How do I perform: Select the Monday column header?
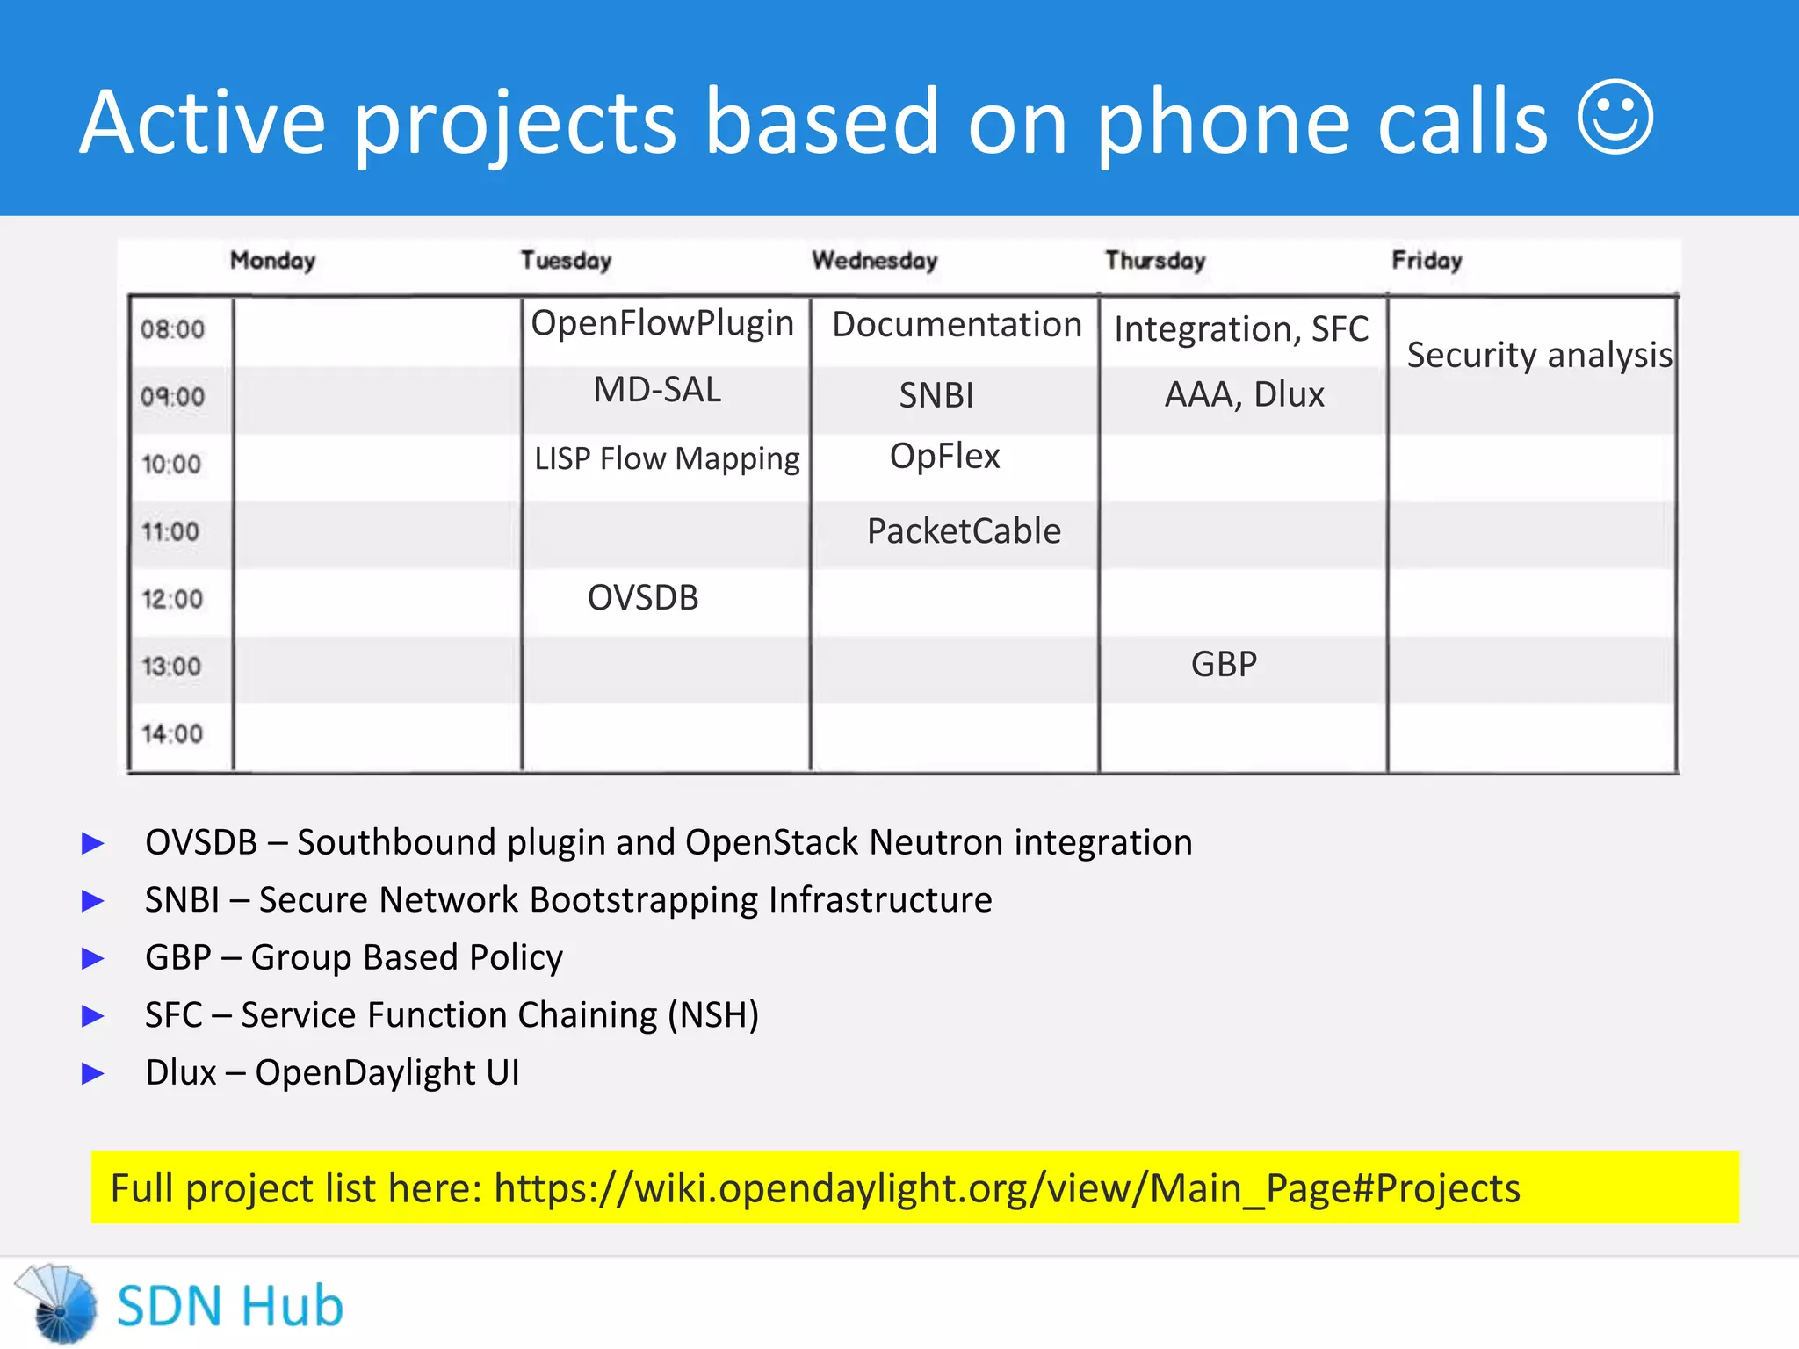tap(272, 261)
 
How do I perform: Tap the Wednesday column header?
tap(874, 261)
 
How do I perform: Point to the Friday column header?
tap(1427, 261)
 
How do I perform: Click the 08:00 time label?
tap(172, 330)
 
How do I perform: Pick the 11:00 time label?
tap(170, 532)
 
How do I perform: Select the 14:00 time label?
tap(172, 734)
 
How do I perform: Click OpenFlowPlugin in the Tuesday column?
tap(662, 324)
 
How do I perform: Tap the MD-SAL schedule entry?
tap(657, 390)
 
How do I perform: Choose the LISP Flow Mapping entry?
tap(667, 459)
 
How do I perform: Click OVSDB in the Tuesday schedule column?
tap(643, 598)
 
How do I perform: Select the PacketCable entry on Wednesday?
tap(964, 531)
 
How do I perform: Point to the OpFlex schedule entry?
tap(944, 457)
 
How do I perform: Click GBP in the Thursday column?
tap(1224, 665)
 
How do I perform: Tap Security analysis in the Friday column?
tap(1539, 356)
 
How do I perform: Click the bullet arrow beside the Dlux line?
tap(93, 1073)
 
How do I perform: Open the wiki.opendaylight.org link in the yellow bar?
tap(1007, 1188)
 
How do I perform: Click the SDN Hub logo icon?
tap(58, 1304)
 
